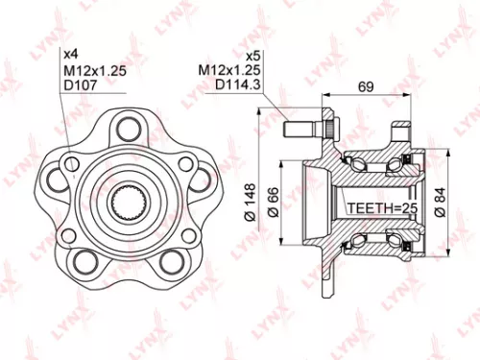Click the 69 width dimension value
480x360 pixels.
tap(365, 87)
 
